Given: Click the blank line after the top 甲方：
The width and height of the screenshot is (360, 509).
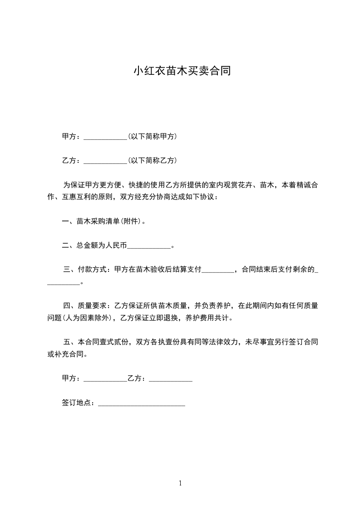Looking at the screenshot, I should point(106,137).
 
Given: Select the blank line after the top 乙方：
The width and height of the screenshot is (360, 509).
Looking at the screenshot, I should point(106,161).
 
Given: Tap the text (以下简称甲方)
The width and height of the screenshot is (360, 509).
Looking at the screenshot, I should point(153,136).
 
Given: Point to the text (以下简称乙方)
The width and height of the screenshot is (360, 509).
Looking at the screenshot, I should point(153,160).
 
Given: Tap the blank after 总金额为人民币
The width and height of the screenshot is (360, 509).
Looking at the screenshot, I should point(149,246).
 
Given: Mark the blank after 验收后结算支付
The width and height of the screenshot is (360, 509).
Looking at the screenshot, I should point(217,270).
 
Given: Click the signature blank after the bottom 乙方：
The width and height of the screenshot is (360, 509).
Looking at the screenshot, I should point(171,379).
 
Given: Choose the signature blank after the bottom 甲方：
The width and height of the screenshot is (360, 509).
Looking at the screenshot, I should point(106,379).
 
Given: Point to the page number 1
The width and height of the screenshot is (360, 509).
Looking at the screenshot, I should point(180,484).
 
